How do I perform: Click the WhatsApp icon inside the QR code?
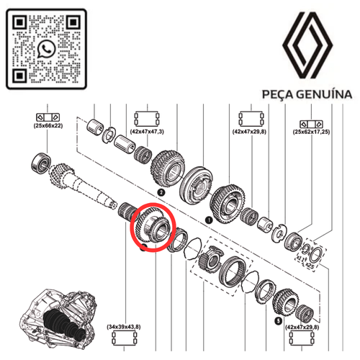coord(48,49)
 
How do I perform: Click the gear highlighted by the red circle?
coord(152,229)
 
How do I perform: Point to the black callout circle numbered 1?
coord(209,218)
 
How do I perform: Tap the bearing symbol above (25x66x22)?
coord(47,116)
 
